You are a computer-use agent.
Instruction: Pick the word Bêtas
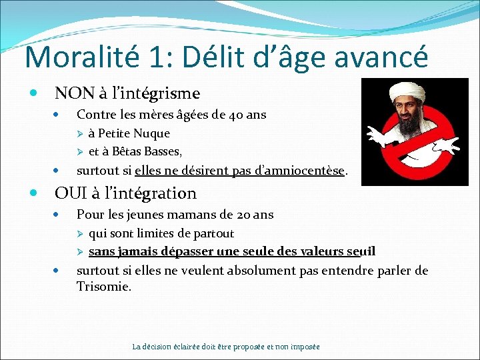pos(132,151)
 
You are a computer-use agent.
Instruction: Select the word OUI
pos(68,193)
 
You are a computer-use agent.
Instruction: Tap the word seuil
pos(362,251)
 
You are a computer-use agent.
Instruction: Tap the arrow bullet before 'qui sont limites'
pos(80,234)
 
